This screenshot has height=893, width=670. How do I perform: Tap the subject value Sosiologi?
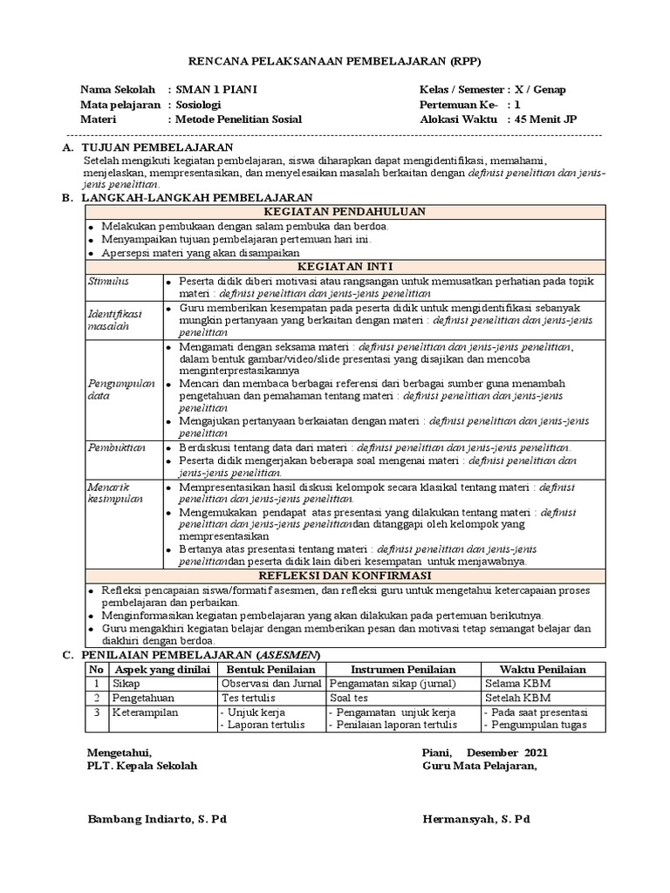pos(201,105)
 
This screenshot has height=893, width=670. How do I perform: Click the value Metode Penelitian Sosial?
pos(238,119)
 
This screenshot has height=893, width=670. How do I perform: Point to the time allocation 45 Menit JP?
pos(545,119)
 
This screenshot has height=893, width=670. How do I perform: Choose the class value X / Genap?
pos(546,90)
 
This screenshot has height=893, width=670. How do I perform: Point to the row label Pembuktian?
pos(114,447)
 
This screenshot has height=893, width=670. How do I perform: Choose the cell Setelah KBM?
pos(518,698)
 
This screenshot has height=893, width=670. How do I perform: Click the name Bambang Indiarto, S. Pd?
pos(157,819)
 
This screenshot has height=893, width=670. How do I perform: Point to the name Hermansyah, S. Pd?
pos(475,819)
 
